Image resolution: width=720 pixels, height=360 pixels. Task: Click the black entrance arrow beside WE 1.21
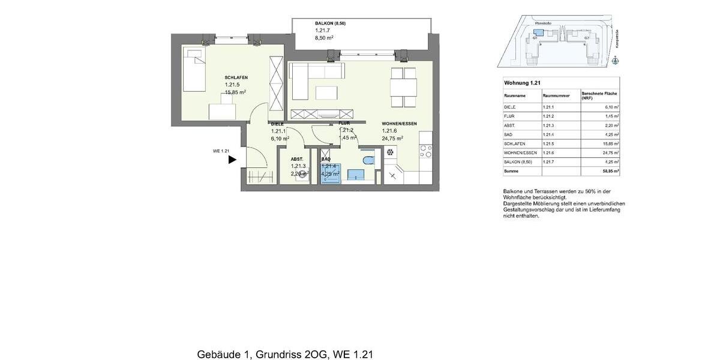(x=232, y=160)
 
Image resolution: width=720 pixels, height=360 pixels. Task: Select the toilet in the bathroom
(x=369, y=160)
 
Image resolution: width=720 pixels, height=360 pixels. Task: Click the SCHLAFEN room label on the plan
(x=236, y=77)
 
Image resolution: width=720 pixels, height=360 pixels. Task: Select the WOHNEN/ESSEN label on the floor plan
(x=399, y=124)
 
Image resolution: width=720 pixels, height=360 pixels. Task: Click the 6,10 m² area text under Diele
(x=280, y=139)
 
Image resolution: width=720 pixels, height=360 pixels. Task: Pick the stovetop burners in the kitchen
(x=425, y=151)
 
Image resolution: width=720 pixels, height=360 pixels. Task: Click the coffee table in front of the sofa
(x=326, y=92)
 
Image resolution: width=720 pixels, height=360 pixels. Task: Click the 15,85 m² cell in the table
(x=610, y=144)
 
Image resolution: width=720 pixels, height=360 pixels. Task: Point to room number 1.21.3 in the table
(x=550, y=125)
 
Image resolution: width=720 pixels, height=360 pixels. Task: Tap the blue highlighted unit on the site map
(x=538, y=34)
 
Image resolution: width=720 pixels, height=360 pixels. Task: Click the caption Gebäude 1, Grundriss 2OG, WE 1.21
(x=285, y=355)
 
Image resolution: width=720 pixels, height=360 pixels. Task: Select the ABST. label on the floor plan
(x=297, y=159)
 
